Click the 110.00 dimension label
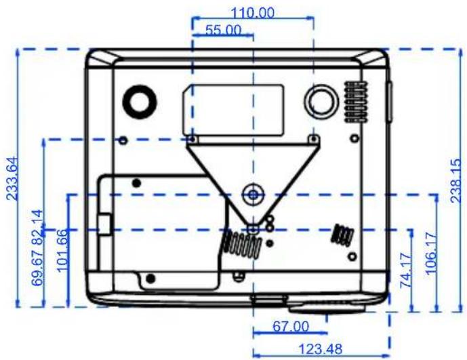click(253, 13)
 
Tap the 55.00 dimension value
click(224, 30)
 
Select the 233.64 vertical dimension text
click(12, 178)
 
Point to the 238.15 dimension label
click(455, 181)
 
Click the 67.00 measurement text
click(291, 326)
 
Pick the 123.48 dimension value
click(320, 349)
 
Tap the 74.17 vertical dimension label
click(405, 271)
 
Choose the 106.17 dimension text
click(430, 254)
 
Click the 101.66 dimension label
click(62, 250)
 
